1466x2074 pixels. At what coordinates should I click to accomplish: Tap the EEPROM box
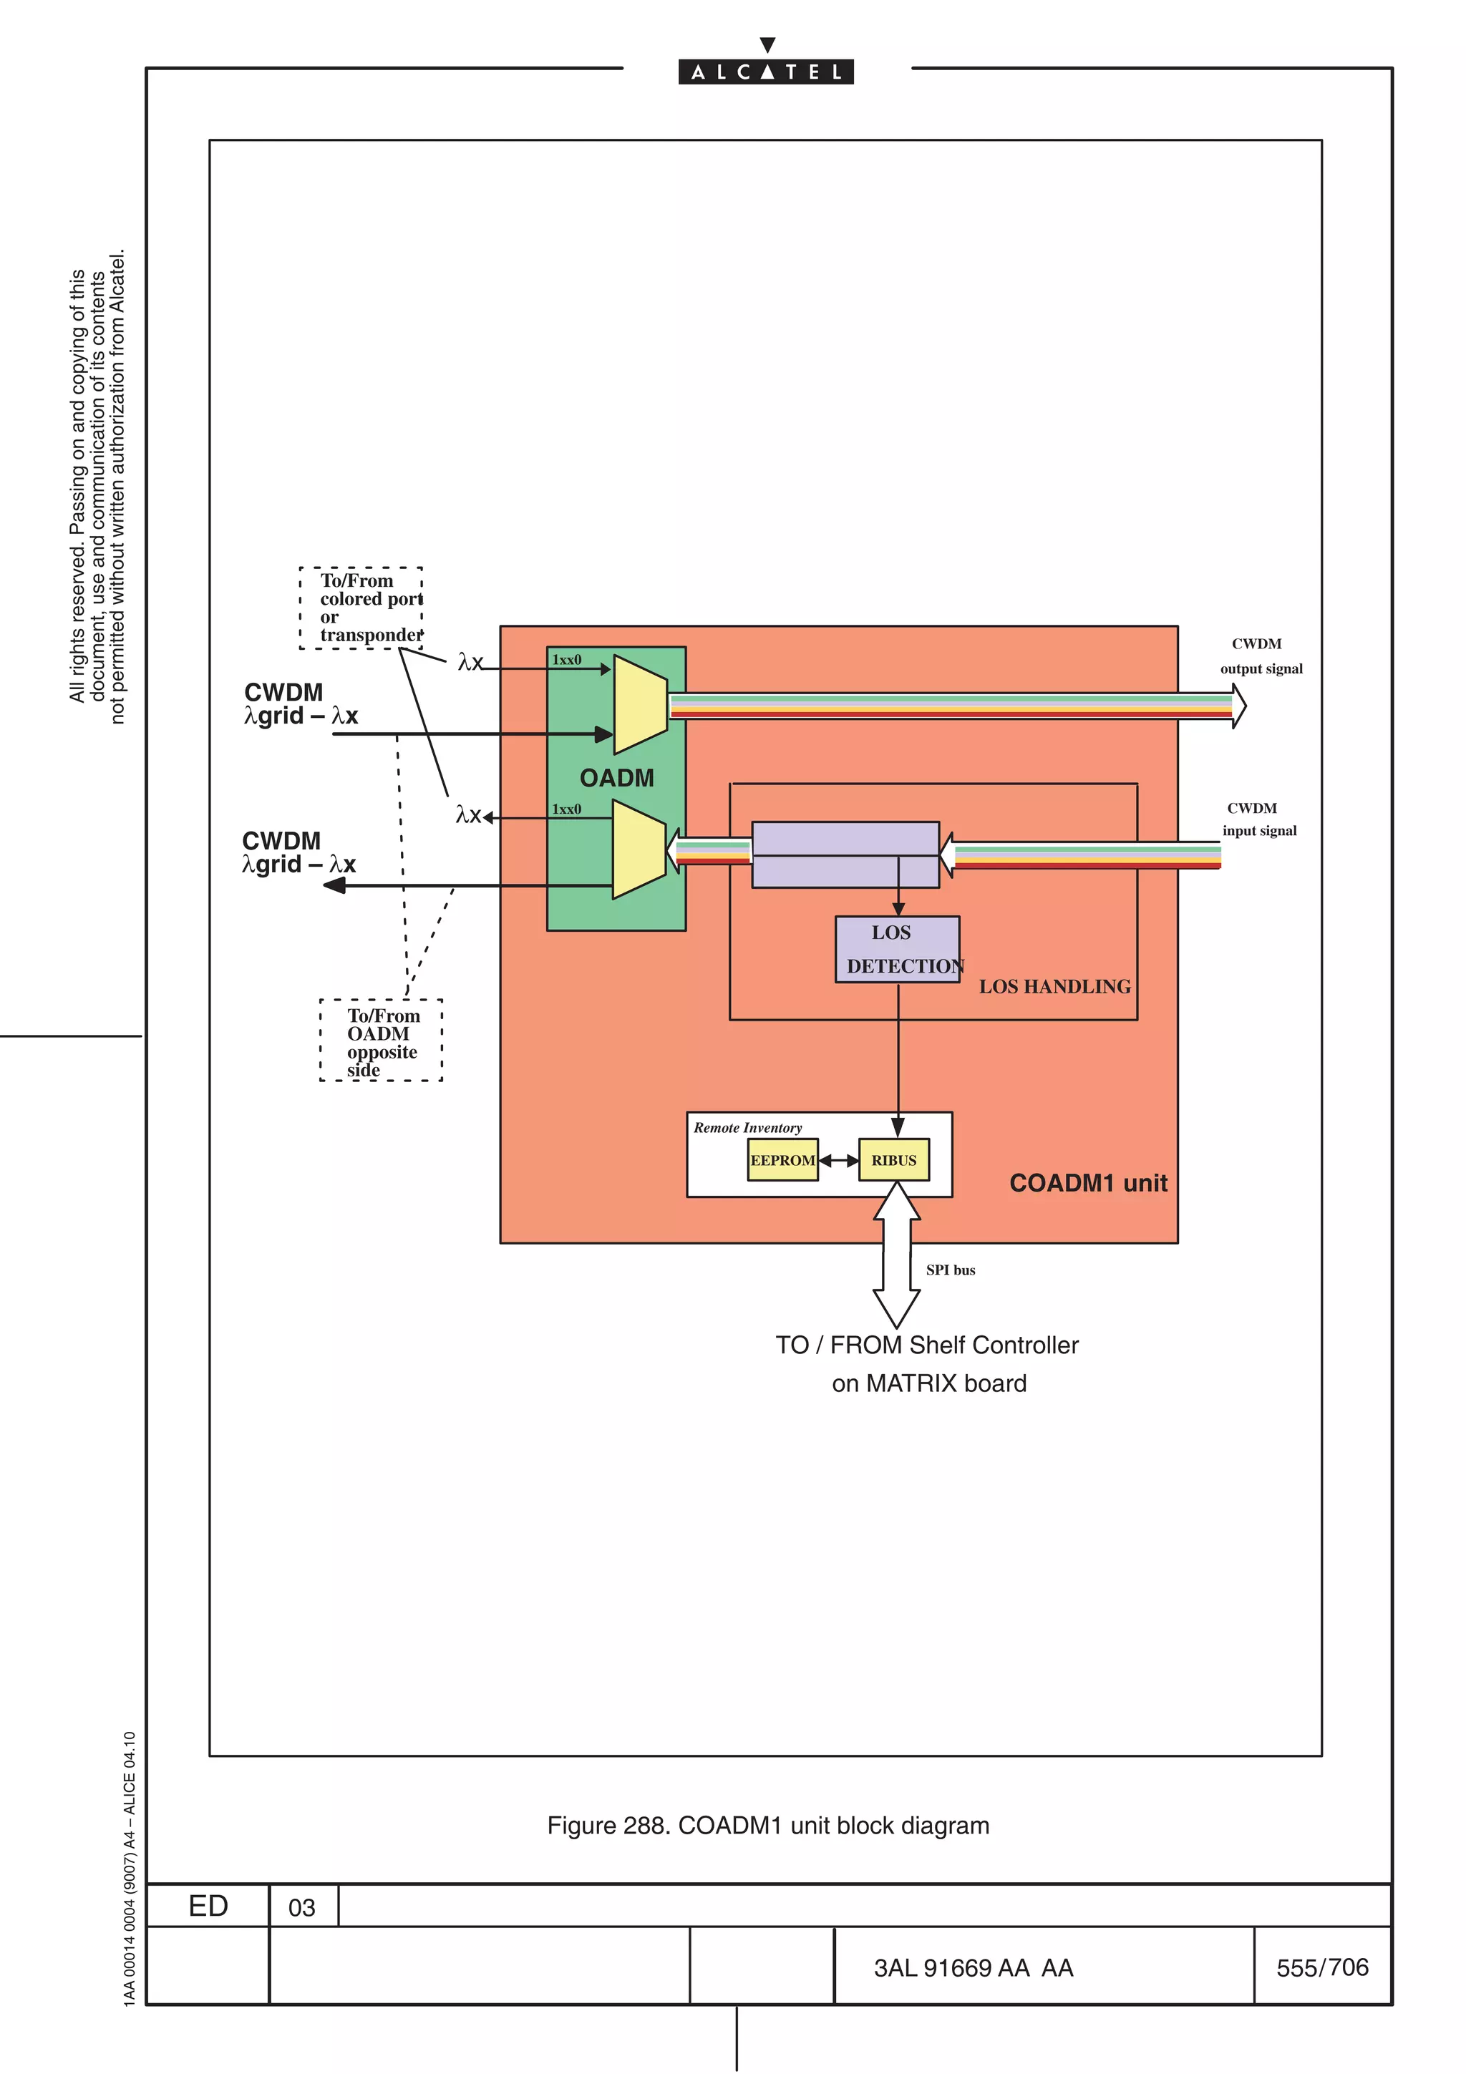782,1160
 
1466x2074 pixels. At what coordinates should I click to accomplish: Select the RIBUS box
893,1160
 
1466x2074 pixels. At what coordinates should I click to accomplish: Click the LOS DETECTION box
897,950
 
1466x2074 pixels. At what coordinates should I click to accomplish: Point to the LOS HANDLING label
1054,986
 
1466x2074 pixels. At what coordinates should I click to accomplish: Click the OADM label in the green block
616,778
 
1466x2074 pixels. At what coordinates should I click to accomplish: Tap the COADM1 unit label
1087,1182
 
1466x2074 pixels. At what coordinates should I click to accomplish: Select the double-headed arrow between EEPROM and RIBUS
838,1160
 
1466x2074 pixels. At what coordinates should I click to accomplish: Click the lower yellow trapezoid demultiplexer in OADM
639,851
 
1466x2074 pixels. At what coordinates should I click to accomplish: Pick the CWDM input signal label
1258,819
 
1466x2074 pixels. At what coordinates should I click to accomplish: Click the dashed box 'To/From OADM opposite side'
382,1041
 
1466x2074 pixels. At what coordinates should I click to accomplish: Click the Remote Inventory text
747,1127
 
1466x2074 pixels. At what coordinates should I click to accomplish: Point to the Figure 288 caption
768,1825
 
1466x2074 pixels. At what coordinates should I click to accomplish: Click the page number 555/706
1321,1967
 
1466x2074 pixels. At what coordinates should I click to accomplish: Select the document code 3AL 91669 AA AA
973,1967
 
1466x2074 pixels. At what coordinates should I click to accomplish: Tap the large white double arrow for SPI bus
896,1255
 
